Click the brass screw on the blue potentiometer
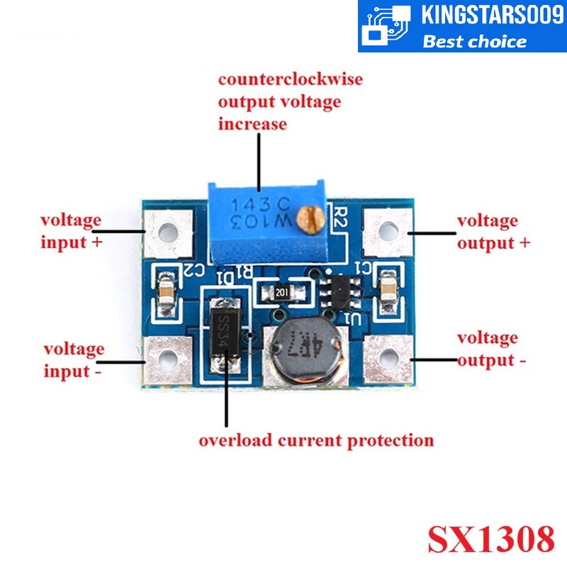310,219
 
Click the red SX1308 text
490,539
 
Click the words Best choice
475,41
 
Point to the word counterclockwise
290,78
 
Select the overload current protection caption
316,440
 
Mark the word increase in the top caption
252,124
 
